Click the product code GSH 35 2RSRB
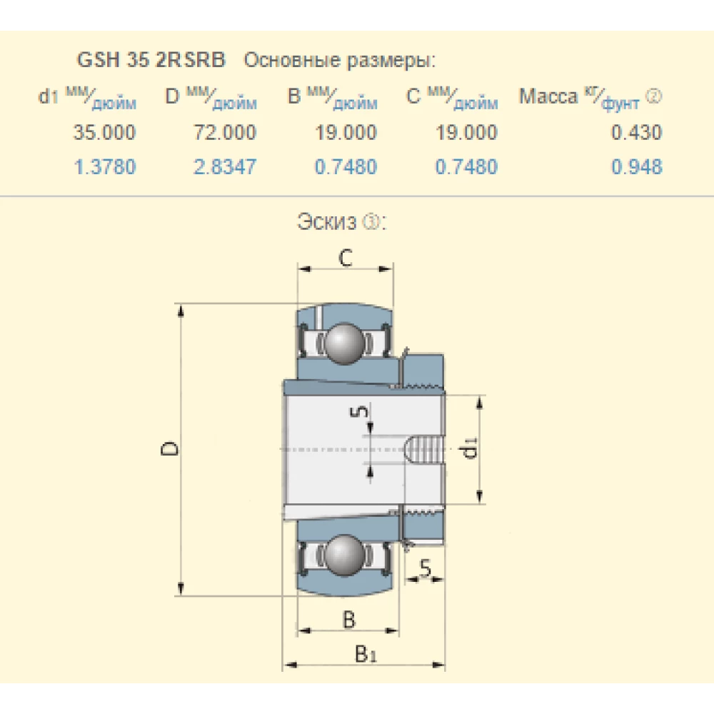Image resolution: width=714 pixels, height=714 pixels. tap(151, 61)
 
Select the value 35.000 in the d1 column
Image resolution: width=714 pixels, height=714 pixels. tap(104, 132)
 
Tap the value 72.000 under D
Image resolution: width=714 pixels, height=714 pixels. tap(224, 132)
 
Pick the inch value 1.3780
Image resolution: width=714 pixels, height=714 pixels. tap(104, 168)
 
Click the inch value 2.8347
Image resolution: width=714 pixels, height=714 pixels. tap(224, 168)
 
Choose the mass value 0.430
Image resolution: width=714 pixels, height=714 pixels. tap(636, 132)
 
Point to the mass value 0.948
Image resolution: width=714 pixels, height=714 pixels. tap(636, 168)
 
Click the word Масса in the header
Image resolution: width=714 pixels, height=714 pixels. tap(548, 96)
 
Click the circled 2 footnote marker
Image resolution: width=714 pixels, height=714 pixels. tap(653, 96)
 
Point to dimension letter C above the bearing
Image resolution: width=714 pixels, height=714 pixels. tap(346, 258)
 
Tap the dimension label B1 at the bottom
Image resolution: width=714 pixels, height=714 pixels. tap(366, 653)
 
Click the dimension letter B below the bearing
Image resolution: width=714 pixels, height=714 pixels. tap(348, 619)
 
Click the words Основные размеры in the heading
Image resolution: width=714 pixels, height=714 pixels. tap(339, 61)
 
